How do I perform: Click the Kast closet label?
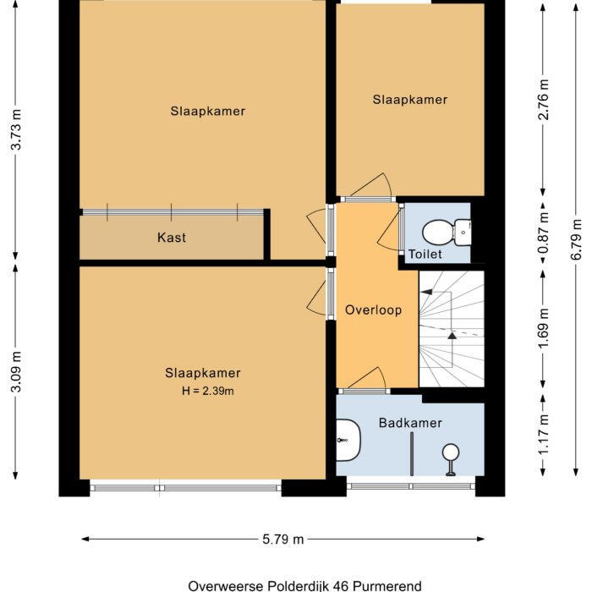[172, 238]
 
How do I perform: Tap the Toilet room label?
[425, 254]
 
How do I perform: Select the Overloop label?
[373, 310]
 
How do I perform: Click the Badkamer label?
[409, 423]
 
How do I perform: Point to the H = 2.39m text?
[207, 391]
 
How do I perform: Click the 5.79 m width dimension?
[283, 539]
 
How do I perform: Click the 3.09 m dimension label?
[14, 370]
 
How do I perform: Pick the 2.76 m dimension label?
[544, 101]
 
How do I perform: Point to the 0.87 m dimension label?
[544, 232]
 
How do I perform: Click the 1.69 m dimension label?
[544, 328]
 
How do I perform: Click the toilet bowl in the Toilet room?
[441, 230]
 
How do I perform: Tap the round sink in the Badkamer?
[452, 452]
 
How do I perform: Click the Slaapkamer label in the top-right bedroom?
[409, 100]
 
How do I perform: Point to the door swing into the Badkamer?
[365, 381]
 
